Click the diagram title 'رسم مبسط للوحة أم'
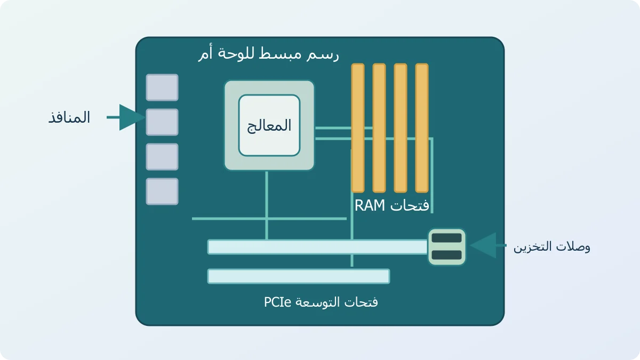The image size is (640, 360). (269, 53)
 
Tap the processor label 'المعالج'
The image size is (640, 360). (269, 126)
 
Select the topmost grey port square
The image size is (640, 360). (162, 87)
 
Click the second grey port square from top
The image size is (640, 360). (162, 122)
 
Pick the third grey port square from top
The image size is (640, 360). (162, 157)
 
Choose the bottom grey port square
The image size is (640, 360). (162, 191)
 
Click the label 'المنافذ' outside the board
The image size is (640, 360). (69, 117)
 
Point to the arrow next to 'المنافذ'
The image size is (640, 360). (126, 117)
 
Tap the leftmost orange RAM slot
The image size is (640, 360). (358, 128)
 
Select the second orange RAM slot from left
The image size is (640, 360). (379, 128)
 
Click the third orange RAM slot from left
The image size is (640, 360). (401, 128)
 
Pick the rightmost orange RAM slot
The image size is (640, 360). (422, 128)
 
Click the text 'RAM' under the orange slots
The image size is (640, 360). (370, 205)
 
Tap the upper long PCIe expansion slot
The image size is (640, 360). (317, 247)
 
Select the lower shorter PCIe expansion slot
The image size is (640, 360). (299, 276)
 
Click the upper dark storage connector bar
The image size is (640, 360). (446, 238)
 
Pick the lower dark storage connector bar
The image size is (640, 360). (446, 255)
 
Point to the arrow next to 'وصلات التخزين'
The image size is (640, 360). (487, 245)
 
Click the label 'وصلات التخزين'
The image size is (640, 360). (551, 247)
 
